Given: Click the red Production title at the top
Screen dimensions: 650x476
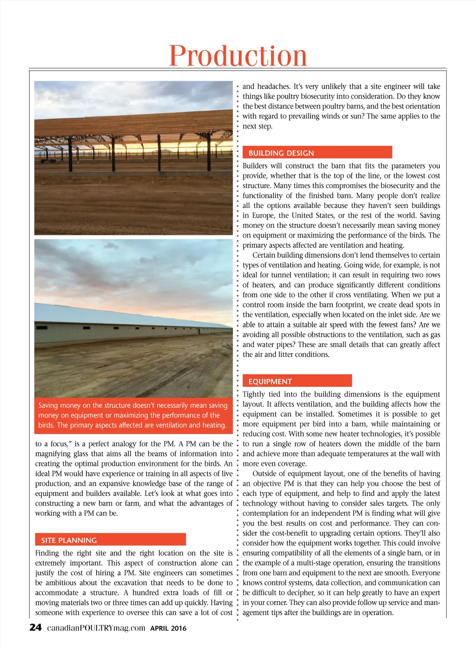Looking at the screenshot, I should [x=238, y=56].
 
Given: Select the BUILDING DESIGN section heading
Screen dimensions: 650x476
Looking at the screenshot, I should [x=281, y=153].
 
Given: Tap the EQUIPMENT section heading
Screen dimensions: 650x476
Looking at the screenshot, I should [x=270, y=381].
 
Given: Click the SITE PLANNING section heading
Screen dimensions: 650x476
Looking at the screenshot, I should [x=69, y=540].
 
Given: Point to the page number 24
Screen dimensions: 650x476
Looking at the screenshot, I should [x=35, y=628].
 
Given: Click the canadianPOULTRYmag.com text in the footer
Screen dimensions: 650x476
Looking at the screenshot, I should [x=96, y=628].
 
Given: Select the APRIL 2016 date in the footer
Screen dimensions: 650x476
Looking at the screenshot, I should [x=168, y=628].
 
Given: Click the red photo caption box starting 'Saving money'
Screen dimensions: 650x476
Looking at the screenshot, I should [x=133, y=415].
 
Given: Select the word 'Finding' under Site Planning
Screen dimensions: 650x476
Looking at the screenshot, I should [x=47, y=553].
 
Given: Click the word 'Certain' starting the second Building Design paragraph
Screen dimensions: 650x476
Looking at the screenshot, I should [x=264, y=255].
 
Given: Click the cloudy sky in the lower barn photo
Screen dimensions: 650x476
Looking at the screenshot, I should [x=130, y=274].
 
